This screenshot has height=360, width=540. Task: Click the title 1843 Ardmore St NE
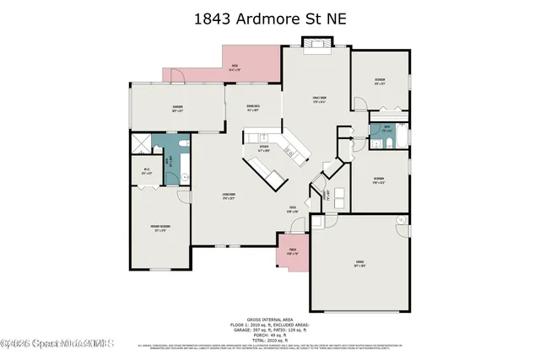pos(269,19)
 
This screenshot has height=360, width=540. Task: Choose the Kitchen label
pos(264,147)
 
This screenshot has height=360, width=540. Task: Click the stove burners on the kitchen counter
pos(289,153)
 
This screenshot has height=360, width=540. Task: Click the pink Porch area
pos(292,250)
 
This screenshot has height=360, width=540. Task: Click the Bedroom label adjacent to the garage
pos(380,180)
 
